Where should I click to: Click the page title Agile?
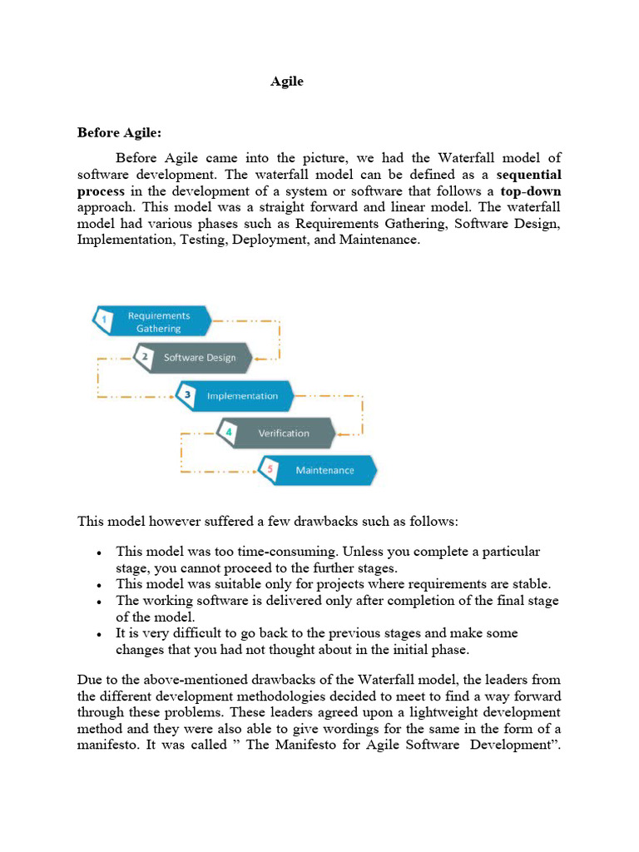pos(287,82)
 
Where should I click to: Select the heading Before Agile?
pos(119,132)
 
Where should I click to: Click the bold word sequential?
pos(528,175)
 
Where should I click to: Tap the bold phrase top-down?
pos(530,191)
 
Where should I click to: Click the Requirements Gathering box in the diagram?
pos(158,322)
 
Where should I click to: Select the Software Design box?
pos(200,358)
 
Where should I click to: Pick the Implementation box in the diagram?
pos(242,396)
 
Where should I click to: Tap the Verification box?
pos(283,433)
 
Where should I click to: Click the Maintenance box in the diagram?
pos(324,471)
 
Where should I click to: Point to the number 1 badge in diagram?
pos(104,319)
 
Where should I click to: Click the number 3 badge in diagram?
pos(188,396)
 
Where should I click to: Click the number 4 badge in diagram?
pos(229,433)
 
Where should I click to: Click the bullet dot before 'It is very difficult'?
pos(99,634)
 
